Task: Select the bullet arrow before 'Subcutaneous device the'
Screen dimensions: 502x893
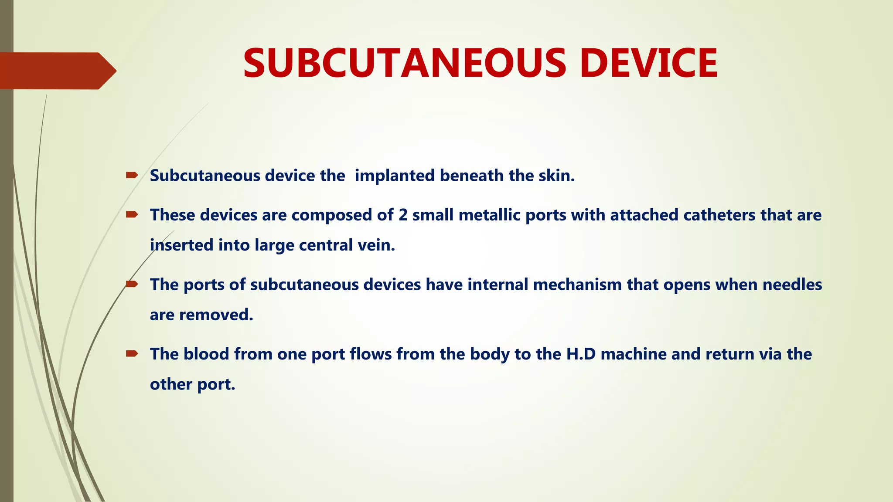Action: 132,175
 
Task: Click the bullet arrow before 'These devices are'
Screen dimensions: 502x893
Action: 132,214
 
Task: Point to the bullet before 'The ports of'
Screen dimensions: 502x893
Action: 132,284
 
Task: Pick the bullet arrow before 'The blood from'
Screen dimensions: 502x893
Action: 132,353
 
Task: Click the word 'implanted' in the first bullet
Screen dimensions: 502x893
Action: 395,176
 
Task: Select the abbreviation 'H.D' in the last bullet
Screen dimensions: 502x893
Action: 581,354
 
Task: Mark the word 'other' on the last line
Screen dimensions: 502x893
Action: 171,384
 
